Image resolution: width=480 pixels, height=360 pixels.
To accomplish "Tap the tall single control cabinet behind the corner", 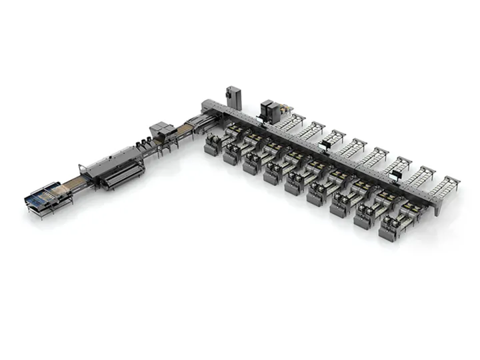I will pyautogui.click(x=234, y=96).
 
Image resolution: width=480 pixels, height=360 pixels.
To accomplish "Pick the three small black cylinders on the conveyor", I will pyautogui.click(x=141, y=142).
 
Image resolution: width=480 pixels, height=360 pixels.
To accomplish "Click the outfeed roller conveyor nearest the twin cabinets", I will pyautogui.click(x=291, y=121).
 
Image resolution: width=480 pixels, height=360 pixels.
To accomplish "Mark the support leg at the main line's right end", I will pyautogui.click(x=438, y=212).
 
